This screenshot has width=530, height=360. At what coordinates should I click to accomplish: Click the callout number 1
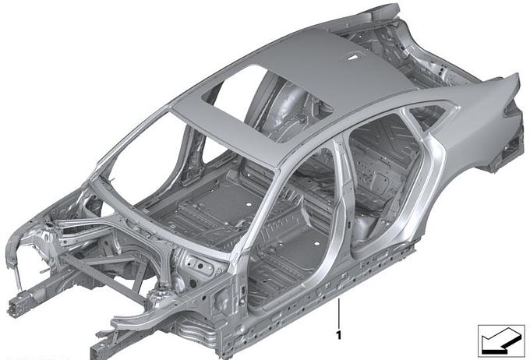339,335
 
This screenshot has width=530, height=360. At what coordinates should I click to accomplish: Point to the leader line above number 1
339,312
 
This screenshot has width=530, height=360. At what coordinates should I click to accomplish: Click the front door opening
291,230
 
